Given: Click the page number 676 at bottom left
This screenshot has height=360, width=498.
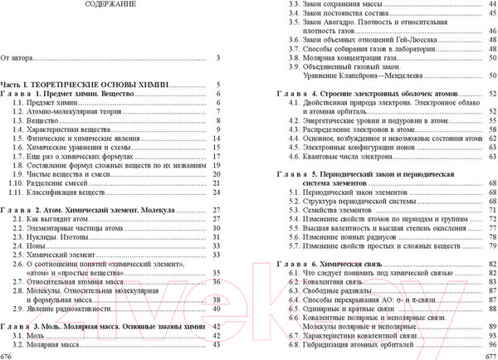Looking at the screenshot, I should point(7,355).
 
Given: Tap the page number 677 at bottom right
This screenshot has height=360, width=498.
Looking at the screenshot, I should point(489,355).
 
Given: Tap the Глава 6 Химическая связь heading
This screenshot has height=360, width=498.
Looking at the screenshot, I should point(332,263).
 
